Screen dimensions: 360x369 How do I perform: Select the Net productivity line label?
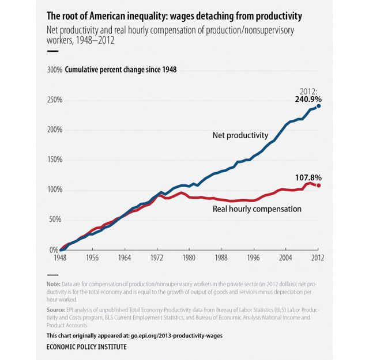click(x=240, y=135)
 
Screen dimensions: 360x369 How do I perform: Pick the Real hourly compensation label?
click(x=257, y=209)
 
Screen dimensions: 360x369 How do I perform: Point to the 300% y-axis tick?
click(x=55, y=70)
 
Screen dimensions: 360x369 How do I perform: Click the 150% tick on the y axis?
click(x=55, y=160)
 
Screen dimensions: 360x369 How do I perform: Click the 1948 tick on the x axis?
click(x=61, y=259)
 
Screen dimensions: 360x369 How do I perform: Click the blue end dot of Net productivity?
click(x=318, y=106)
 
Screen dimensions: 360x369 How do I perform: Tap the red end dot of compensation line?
click(x=318, y=185)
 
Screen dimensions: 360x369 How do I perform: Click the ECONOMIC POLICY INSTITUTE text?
click(x=86, y=347)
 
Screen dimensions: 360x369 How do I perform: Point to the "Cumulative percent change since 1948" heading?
click(x=121, y=70)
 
